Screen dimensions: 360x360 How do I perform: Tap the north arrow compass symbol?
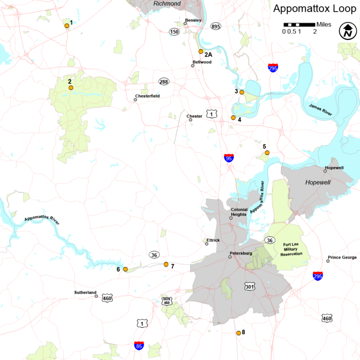347,31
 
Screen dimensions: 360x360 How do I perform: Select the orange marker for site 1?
67,26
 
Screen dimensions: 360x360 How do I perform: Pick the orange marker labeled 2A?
201,51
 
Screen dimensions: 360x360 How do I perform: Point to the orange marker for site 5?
267,153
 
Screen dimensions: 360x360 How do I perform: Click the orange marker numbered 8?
239,333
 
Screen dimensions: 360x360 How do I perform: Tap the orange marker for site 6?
125,269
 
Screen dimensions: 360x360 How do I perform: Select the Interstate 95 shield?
229,158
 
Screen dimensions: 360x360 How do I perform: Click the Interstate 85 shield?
139,346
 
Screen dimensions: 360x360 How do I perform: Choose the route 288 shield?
164,82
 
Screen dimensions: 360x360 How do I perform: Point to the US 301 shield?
249,286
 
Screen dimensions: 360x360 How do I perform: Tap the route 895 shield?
216,26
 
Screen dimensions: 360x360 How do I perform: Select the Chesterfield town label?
148,96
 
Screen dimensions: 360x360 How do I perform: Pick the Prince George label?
342,257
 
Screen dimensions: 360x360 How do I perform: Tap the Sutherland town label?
84,292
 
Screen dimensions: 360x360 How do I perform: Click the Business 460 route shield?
166,301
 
